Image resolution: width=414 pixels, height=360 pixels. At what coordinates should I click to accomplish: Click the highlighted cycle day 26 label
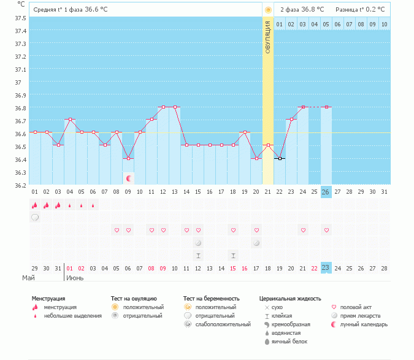point(326,192)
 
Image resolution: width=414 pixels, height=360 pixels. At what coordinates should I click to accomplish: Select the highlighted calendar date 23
point(326,267)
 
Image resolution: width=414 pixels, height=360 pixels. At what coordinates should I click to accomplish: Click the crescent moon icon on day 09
point(129,178)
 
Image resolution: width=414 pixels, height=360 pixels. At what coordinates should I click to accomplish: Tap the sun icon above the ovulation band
point(267,10)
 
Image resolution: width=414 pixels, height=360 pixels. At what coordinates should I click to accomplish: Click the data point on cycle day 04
point(70,120)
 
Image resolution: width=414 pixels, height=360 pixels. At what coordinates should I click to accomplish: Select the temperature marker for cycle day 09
point(128,158)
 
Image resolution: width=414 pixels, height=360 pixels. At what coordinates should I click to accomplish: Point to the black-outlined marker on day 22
point(280,158)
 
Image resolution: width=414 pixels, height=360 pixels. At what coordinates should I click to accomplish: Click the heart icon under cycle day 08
point(117,230)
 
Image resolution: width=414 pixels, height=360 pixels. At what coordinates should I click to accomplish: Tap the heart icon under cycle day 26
point(326,230)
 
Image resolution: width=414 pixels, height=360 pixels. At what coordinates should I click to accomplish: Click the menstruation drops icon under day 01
point(35,205)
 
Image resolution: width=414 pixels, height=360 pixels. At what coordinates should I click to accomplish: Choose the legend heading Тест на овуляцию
point(134,298)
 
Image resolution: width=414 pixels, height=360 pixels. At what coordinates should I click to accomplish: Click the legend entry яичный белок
point(286,341)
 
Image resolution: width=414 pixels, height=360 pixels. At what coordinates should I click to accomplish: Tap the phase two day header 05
point(326,25)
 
